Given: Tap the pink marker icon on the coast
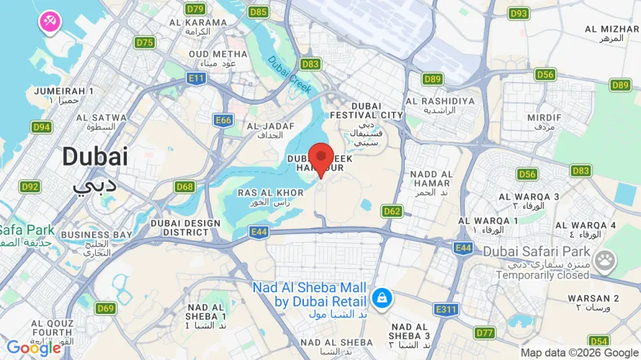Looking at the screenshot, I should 50,21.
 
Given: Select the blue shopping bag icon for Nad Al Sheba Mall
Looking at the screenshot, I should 382,297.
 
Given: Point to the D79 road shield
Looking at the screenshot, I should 194,9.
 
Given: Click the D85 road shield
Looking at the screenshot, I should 258,12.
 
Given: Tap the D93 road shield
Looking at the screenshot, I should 519,13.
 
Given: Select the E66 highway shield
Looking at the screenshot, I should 223,120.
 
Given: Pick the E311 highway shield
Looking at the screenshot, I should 447,309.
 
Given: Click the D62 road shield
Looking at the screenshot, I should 392,211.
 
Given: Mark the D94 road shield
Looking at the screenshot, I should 42,127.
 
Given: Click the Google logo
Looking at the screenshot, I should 33,348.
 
